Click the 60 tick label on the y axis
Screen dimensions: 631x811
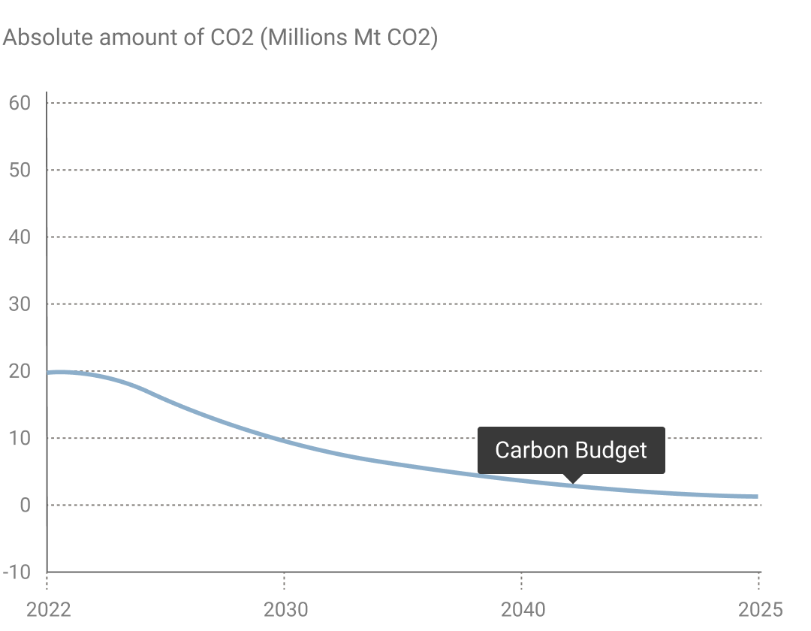click(20, 103)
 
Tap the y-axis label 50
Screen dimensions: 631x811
click(20, 170)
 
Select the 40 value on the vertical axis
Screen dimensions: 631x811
click(20, 237)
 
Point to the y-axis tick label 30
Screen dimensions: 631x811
click(20, 304)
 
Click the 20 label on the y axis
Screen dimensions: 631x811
click(20, 371)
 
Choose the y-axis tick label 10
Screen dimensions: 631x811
click(20, 438)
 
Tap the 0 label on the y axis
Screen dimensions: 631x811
click(26, 505)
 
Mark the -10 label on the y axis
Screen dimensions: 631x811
click(17, 572)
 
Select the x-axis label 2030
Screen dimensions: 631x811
click(285, 609)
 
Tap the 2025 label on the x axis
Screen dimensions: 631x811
click(760, 609)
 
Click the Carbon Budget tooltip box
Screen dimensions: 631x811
click(571, 450)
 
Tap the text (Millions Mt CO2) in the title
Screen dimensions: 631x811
click(348, 38)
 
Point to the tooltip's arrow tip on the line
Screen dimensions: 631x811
click(572, 482)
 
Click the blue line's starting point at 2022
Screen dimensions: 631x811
click(48, 373)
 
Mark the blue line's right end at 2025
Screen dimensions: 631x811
click(757, 497)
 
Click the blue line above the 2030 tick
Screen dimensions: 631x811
click(285, 439)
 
